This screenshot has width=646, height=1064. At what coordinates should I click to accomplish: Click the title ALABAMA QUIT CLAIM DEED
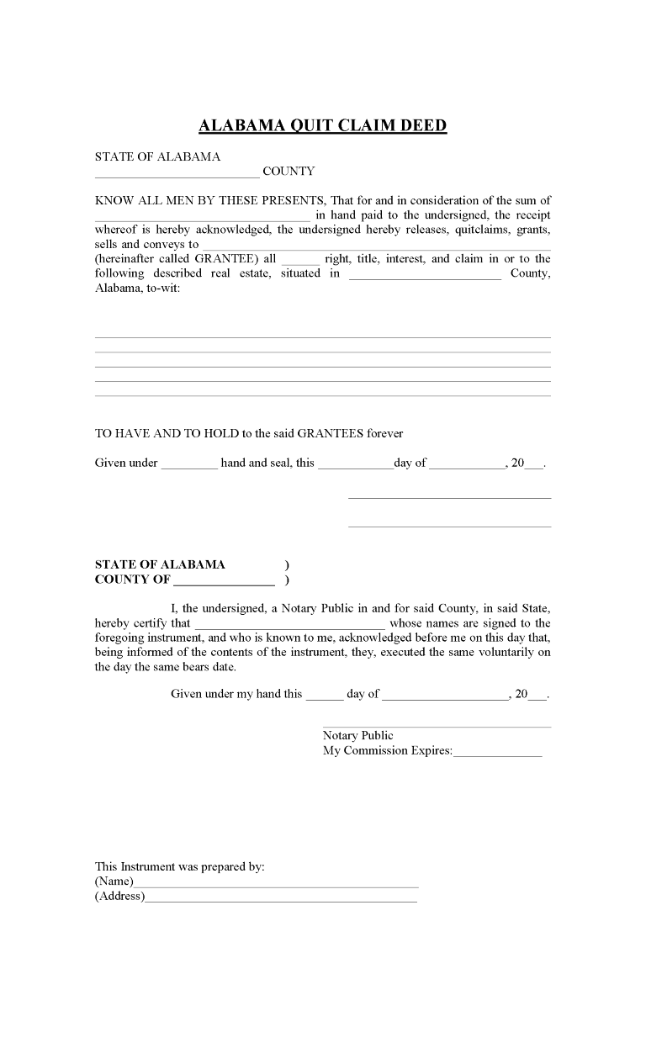click(322, 126)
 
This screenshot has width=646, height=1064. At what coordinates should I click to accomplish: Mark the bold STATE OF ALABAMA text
click(160, 565)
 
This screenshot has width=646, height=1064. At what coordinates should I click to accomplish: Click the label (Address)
click(119, 897)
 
